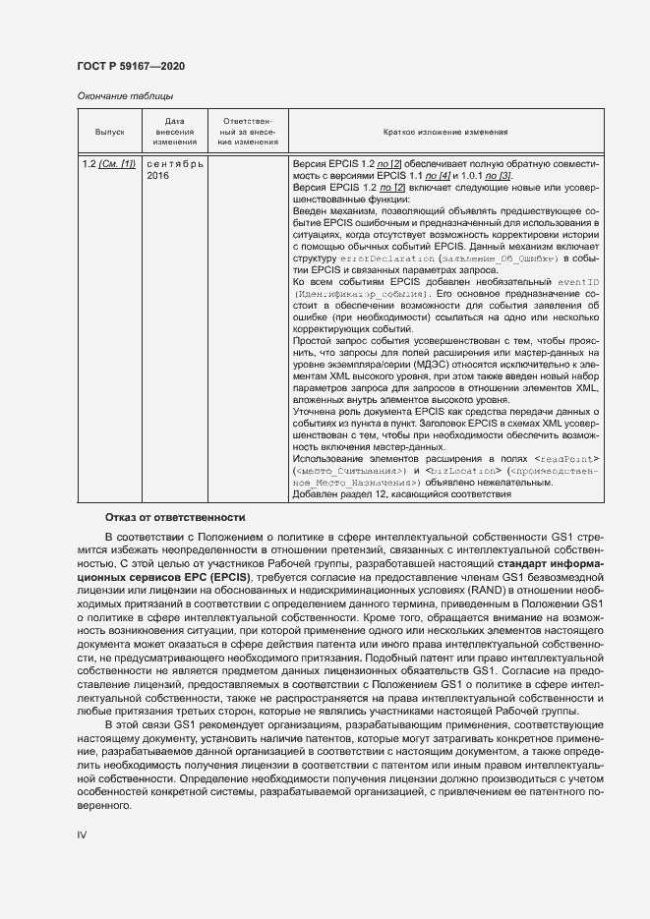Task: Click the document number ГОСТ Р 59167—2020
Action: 130,66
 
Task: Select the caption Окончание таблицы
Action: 125,96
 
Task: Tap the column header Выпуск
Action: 109,131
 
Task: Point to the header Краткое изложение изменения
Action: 444,131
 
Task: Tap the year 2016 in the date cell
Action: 157,175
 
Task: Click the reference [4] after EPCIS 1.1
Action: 444,175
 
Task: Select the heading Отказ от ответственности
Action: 175,517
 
